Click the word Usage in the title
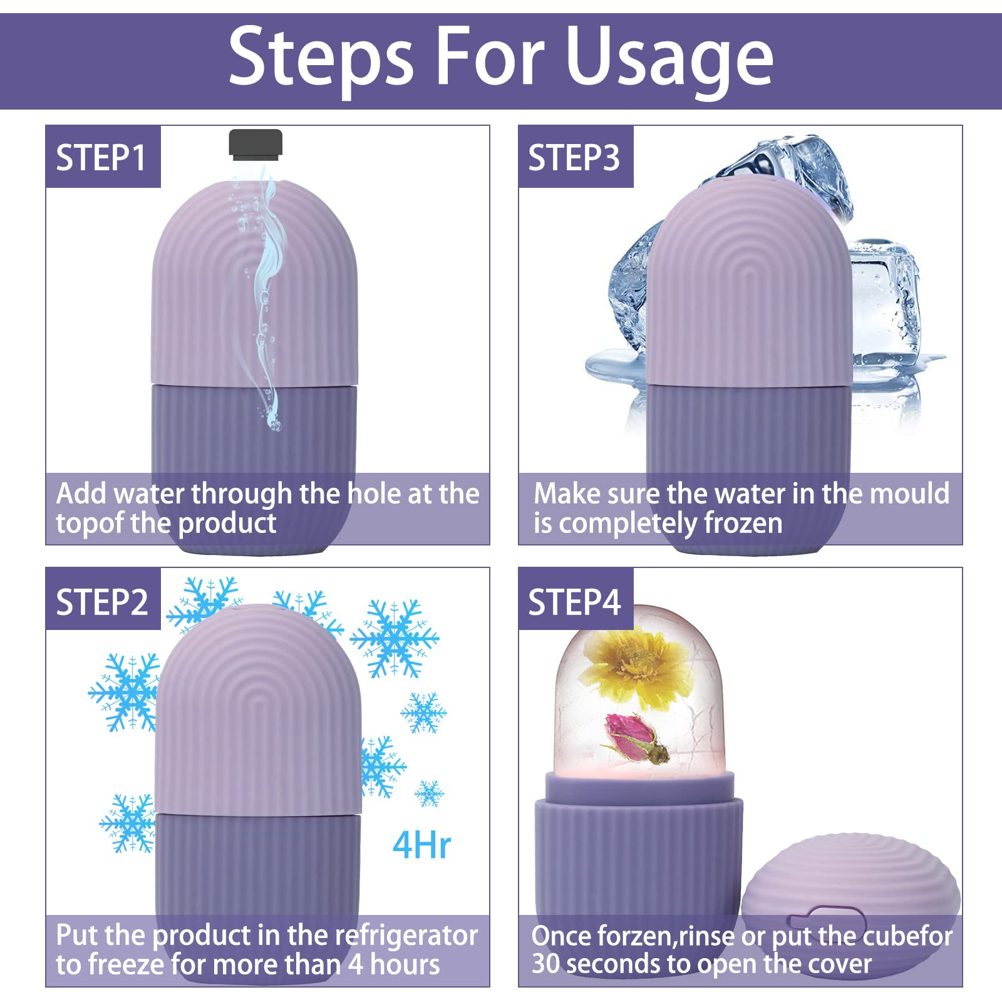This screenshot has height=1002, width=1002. pos(670,58)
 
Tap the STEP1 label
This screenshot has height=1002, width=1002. pos(101,157)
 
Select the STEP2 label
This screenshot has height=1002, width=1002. pos(102,602)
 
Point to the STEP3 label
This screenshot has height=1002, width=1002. pos(574,157)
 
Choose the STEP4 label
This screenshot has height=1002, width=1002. pos(574,602)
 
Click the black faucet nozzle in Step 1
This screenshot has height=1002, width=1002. pos(256,145)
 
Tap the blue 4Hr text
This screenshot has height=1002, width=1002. pos(421,845)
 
